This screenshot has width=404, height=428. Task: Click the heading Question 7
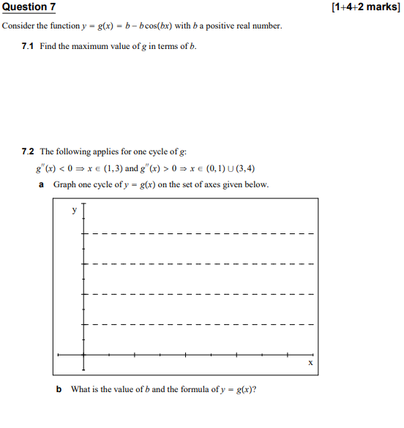click(x=29, y=7)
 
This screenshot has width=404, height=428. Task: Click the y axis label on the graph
click(x=73, y=210)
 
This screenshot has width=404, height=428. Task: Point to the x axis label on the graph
click(x=310, y=362)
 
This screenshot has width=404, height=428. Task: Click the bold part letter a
click(x=42, y=184)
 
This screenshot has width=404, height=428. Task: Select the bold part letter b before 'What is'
click(x=59, y=389)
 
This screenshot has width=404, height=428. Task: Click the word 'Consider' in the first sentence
click(x=18, y=26)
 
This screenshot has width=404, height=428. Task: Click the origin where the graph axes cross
click(x=83, y=355)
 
